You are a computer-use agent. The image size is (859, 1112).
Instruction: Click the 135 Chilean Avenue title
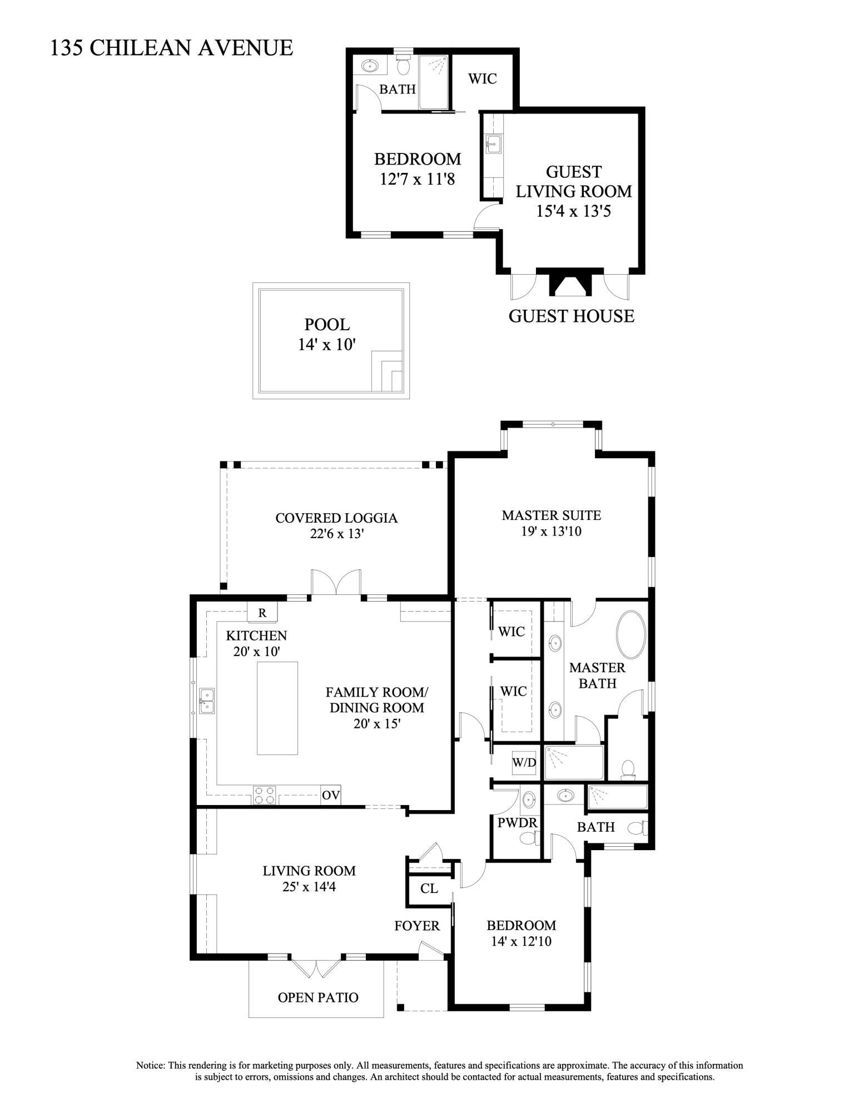(x=171, y=48)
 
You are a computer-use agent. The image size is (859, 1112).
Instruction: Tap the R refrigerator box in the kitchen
(x=262, y=613)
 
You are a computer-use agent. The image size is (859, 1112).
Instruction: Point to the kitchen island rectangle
(x=277, y=707)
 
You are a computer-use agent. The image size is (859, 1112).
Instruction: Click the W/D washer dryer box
(x=524, y=762)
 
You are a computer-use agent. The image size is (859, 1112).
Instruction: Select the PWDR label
(x=515, y=823)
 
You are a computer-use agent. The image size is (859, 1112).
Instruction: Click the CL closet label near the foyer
(x=429, y=888)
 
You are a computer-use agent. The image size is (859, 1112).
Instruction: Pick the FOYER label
(x=417, y=926)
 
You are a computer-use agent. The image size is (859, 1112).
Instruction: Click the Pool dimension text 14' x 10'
(x=327, y=344)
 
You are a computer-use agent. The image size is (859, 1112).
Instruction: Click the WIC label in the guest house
(x=482, y=78)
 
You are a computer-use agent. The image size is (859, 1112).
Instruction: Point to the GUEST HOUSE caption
(x=571, y=316)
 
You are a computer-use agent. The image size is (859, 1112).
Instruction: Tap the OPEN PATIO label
(x=318, y=997)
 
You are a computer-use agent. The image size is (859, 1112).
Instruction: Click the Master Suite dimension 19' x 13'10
(x=551, y=531)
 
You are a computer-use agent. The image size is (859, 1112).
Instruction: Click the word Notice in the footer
(x=150, y=1065)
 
